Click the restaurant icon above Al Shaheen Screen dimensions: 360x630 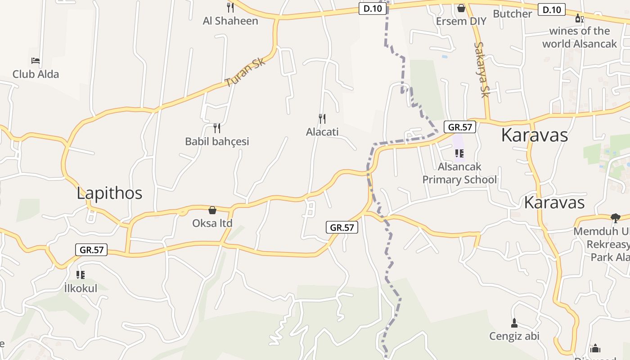tap(230, 7)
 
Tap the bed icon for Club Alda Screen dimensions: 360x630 tap(36, 61)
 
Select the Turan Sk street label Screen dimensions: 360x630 tap(245, 72)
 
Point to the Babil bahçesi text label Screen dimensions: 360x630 tap(217, 141)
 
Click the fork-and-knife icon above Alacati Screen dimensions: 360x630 tap(322, 119)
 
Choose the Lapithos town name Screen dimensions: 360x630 tap(109, 193)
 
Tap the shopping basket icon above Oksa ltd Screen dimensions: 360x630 tap(212, 210)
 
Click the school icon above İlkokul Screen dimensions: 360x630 tap(81, 274)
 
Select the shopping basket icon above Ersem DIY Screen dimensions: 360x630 tap(461, 8)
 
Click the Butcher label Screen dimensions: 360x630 tap(513, 13)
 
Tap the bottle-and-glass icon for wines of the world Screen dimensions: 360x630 tap(579, 18)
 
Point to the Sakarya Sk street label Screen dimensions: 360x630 tap(481, 69)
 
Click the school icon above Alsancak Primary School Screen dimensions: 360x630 tap(459, 153)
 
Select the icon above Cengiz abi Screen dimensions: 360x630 tap(514, 323)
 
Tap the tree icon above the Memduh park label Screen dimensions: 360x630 tap(615, 218)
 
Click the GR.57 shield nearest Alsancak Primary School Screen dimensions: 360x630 tap(460, 127)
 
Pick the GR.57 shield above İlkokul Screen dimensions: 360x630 tap(92, 250)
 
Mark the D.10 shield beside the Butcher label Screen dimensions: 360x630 tap(552, 9)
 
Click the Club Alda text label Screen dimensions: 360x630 tap(36, 74)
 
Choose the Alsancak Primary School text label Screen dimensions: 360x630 tap(459, 173)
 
